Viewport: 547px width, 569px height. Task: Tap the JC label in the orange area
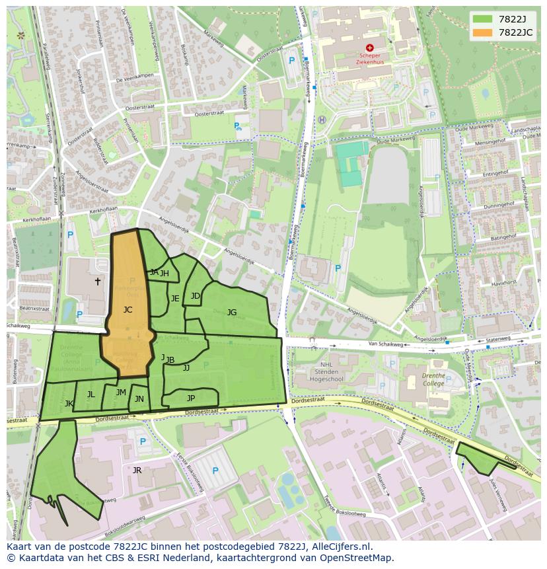(x=128, y=309)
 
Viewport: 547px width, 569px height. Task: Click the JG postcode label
(x=232, y=312)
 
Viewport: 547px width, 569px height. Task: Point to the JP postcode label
(x=191, y=398)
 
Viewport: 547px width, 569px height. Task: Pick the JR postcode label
(x=137, y=471)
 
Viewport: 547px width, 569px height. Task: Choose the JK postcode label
(x=69, y=403)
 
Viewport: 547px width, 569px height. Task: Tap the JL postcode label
(x=91, y=395)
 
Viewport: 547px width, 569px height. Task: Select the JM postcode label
(x=121, y=393)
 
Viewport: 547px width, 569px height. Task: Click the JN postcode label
(x=139, y=399)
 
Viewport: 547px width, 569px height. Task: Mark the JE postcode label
(x=175, y=299)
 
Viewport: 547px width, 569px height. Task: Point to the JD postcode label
(x=196, y=296)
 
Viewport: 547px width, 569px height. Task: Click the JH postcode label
(x=164, y=274)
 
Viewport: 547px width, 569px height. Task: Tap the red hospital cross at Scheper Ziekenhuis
(x=369, y=48)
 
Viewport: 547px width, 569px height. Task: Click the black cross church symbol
(x=98, y=282)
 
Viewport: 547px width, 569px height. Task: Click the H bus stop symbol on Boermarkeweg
(x=322, y=120)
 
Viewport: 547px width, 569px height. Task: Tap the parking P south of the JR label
(x=215, y=471)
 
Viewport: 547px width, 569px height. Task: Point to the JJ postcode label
(x=186, y=368)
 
